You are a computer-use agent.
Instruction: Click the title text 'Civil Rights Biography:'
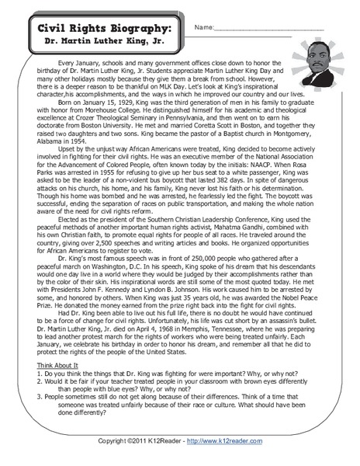click(106, 28)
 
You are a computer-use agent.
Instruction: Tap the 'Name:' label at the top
click(203, 28)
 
